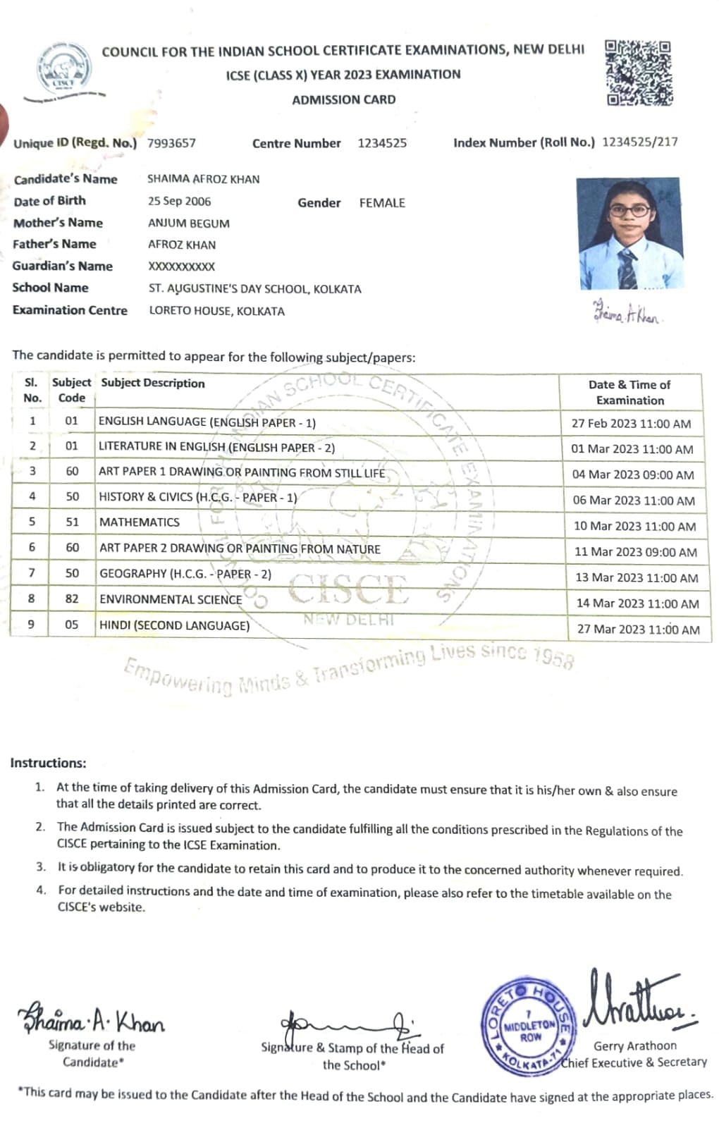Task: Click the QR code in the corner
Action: pyautogui.click(x=638, y=73)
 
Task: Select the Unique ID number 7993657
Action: pyautogui.click(x=171, y=143)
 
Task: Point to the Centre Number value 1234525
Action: pyautogui.click(x=382, y=143)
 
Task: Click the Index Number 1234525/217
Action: pyautogui.click(x=639, y=142)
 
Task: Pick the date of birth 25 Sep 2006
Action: pyautogui.click(x=179, y=201)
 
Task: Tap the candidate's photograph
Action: pyautogui.click(x=629, y=233)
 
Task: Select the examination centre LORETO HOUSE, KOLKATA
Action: pyautogui.click(x=216, y=311)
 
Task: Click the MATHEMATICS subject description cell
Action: pyautogui.click(x=140, y=522)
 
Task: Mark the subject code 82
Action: pyautogui.click(x=72, y=599)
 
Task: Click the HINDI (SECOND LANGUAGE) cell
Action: pyautogui.click(x=174, y=625)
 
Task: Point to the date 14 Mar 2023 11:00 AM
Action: pyautogui.click(x=637, y=603)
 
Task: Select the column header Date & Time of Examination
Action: pyautogui.click(x=629, y=392)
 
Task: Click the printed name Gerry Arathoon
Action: pyautogui.click(x=634, y=1046)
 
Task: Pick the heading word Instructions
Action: pyautogui.click(x=48, y=763)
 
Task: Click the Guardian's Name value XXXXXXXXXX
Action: pyautogui.click(x=181, y=266)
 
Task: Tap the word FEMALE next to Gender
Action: pyautogui.click(x=382, y=203)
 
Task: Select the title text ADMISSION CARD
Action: pyautogui.click(x=344, y=99)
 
